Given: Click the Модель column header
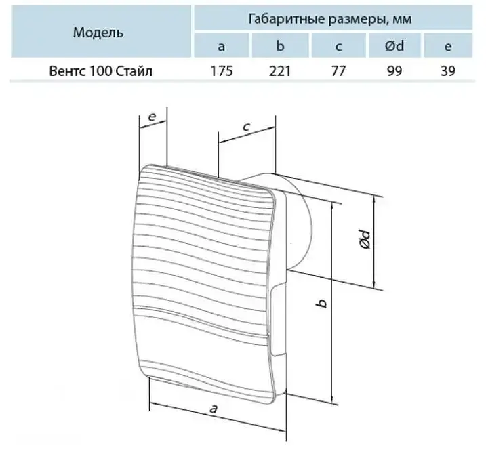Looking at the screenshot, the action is coord(98,33).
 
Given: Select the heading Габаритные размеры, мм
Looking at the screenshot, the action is coord(330,19).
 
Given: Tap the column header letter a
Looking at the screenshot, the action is coord(221,47).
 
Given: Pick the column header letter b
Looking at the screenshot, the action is coord(280,46).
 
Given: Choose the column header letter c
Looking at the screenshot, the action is coord(338,47).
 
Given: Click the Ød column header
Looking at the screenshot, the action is coord(394,46).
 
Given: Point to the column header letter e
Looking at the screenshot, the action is coord(447,47).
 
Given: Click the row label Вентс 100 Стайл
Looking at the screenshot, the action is coord(101,71).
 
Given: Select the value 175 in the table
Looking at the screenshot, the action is coord(222,71).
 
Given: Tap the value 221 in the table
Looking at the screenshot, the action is coord(280,71).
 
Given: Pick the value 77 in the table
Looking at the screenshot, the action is coord(338,71).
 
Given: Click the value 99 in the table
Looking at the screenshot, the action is coord(394,71).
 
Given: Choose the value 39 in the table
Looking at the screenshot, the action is coord(448,71).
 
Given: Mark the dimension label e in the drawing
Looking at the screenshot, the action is coord(152,117).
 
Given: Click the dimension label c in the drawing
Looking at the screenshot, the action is coord(247,127).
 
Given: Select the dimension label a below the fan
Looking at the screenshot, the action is coord(214,409).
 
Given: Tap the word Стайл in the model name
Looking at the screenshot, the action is coord(134,71).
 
